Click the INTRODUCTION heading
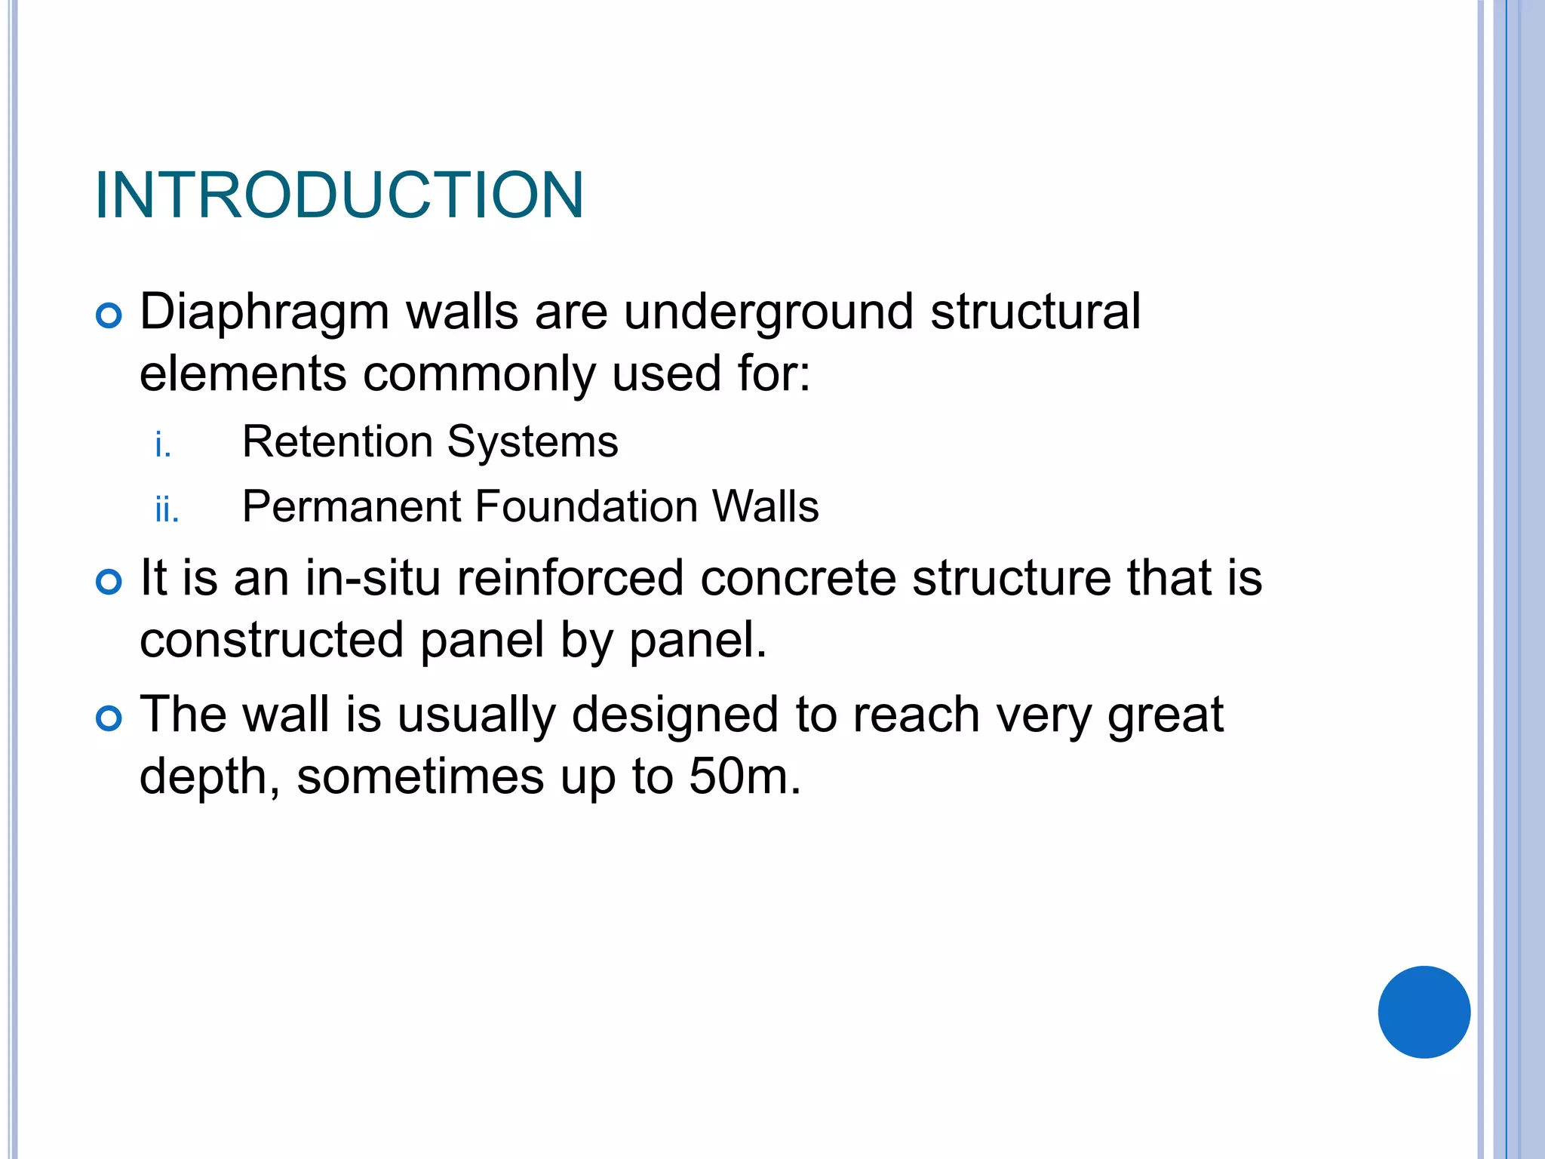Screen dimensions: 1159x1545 339,195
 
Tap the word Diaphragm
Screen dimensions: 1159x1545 264,312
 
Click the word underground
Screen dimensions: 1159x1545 768,312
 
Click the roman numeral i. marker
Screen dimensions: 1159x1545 163,444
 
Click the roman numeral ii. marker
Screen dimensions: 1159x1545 167,510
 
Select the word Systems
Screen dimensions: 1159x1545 532,443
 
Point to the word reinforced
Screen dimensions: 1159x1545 570,578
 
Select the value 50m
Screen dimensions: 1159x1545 743,776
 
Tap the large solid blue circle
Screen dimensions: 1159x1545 1424,1012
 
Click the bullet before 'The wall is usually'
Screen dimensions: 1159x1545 109,718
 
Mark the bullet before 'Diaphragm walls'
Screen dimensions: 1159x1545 109,315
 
